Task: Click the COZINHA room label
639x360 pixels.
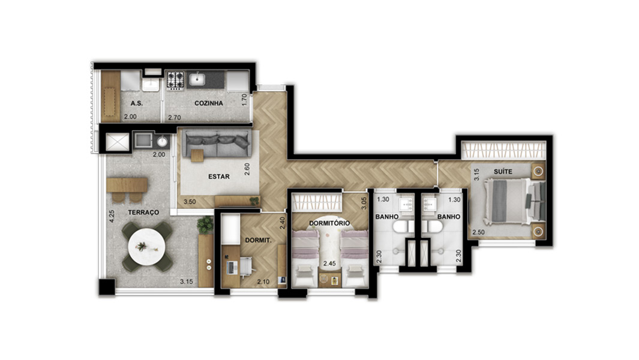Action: pos(209,103)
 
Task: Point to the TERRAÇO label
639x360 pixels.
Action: pos(143,212)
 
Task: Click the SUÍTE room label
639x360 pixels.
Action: pos(503,172)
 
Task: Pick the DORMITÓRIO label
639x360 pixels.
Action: pos(329,223)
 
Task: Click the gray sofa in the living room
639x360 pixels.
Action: pos(217,142)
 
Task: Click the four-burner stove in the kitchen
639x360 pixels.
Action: pos(175,79)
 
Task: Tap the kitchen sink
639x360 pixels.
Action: pos(196,78)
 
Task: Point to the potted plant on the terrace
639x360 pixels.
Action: pos(205,225)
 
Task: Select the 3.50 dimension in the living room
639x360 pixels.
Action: pos(190,202)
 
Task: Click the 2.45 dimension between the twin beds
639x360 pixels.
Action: pos(329,263)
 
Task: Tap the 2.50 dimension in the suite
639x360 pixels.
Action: pos(478,232)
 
